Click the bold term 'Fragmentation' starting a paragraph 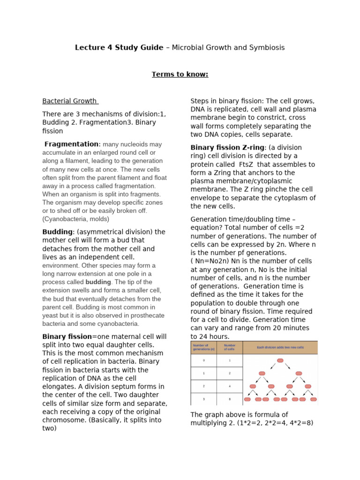(x=72, y=144)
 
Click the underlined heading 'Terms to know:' (x=180, y=74)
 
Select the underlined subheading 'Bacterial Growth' (x=70, y=101)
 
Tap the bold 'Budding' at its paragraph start (x=57, y=232)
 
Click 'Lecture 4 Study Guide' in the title (x=119, y=48)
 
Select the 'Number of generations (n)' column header (x=203, y=348)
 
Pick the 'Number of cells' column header (x=230, y=348)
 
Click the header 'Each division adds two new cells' (x=280, y=347)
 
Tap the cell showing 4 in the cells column (x=230, y=386)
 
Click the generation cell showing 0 (x=203, y=360)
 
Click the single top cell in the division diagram (x=280, y=360)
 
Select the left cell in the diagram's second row (x=262, y=374)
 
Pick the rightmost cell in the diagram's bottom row (x=312, y=399)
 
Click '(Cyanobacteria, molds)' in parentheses (x=75, y=219)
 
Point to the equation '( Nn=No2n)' (x=210, y=261)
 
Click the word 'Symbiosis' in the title (x=268, y=48)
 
